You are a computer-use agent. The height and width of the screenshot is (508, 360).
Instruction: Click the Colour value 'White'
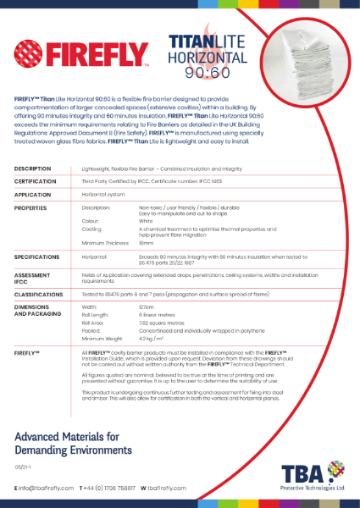coord(147,222)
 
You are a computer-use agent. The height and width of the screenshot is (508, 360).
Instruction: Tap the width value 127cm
coord(147,306)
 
